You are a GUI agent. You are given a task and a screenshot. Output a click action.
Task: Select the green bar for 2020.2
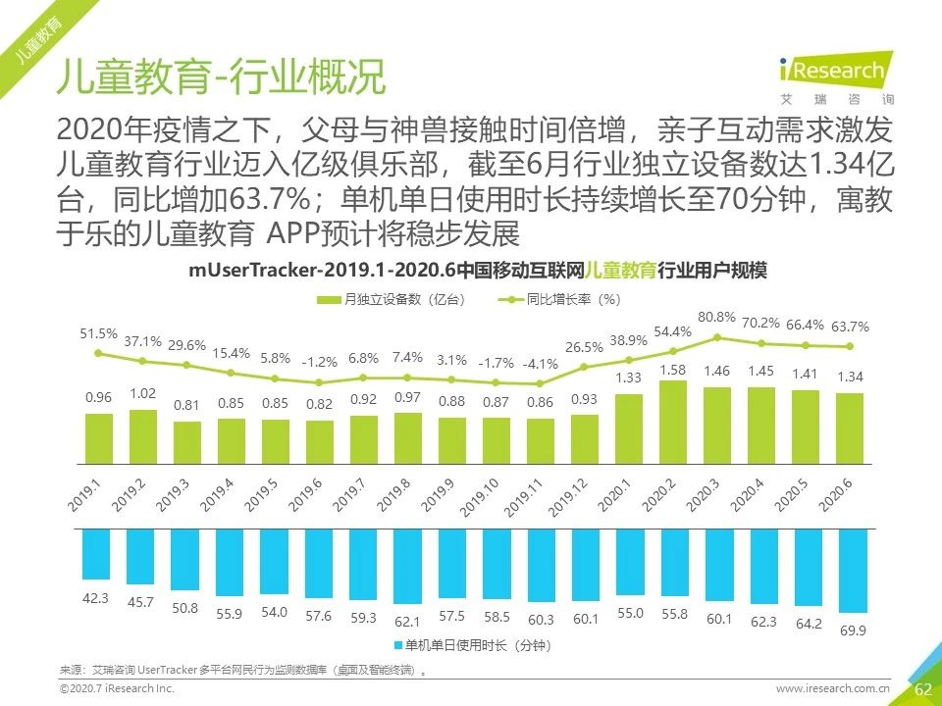pyautogui.click(x=671, y=421)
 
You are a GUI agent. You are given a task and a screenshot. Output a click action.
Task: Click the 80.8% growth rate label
pyautogui.click(x=716, y=317)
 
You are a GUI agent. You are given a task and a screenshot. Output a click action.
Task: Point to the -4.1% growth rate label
pyautogui.click(x=539, y=363)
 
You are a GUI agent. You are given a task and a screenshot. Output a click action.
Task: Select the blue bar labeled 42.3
pyautogui.click(x=97, y=554)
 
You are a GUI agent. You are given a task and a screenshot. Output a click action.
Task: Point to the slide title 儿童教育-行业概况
pyautogui.click(x=222, y=76)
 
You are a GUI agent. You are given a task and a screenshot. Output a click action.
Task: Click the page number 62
pyautogui.click(x=921, y=688)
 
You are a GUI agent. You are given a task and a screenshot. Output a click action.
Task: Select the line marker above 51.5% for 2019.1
pyautogui.click(x=98, y=354)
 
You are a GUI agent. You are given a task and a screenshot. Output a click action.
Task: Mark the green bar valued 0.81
pyautogui.click(x=186, y=442)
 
